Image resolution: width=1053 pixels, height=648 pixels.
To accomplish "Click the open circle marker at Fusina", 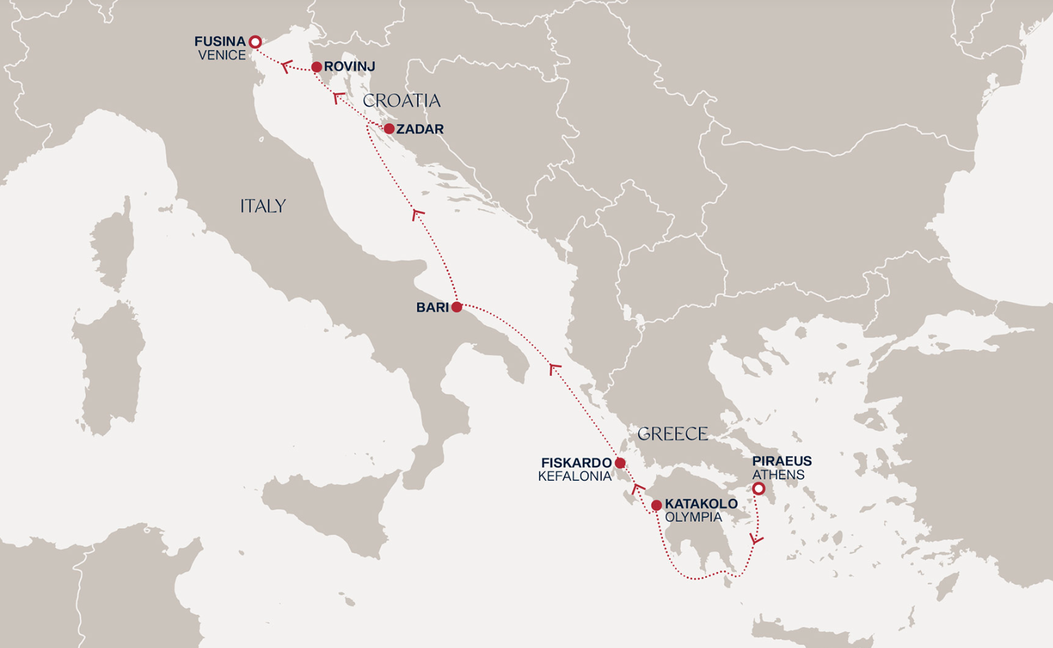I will coord(255,42).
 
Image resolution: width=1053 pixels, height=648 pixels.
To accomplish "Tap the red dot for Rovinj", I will coord(316,67).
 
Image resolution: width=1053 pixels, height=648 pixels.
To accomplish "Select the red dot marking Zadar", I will coord(389,128).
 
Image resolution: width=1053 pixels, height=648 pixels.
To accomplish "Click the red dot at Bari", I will coord(457,307).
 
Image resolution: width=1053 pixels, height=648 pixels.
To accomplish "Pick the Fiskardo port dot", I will coord(620,463).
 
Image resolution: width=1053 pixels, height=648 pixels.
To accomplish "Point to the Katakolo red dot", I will coord(656,505).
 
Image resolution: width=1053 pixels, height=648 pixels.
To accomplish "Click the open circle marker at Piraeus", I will coord(758,489).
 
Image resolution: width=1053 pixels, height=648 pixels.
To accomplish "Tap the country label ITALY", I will coord(263,206).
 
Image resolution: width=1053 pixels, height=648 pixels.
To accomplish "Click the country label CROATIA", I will coord(401,101).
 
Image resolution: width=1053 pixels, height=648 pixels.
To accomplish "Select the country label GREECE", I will coord(672,434).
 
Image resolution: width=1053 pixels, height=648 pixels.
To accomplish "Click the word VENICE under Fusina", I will coord(222,55).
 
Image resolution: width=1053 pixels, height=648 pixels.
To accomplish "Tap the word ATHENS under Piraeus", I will coord(778,475).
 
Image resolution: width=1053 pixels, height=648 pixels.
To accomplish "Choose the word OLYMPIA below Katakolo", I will coord(693,517).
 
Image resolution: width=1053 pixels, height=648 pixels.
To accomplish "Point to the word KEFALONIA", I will coord(575,476).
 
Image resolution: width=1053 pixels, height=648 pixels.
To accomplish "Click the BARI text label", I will coord(432,308).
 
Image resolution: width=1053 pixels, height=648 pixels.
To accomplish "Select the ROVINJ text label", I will coord(349,66).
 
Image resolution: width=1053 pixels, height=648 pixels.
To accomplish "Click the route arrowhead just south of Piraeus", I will coord(756,539).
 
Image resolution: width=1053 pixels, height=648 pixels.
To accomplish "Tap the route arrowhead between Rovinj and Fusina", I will coord(287,65).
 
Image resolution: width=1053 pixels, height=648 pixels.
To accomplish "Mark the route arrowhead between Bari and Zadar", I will coord(417,214).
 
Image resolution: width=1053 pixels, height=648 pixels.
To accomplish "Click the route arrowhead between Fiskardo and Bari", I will coord(554,368).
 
